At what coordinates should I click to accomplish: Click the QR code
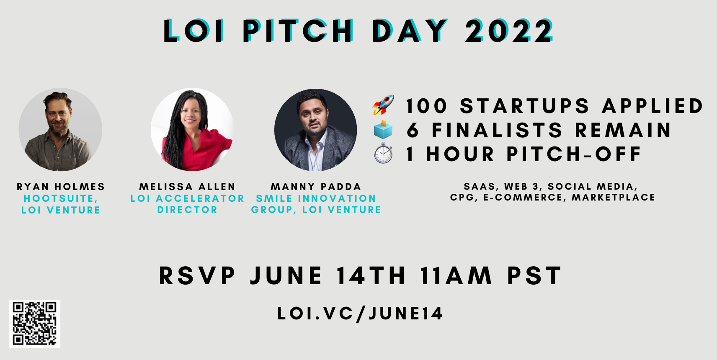(x=35, y=324)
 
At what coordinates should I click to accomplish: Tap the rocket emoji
(x=383, y=105)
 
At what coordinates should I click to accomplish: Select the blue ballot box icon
(x=383, y=130)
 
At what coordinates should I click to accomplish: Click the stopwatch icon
(x=383, y=153)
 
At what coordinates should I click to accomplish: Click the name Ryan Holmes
(x=61, y=187)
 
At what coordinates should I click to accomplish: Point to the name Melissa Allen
(x=187, y=187)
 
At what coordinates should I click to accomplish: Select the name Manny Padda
(x=316, y=187)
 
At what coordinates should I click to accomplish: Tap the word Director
(x=187, y=210)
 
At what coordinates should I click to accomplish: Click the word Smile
(x=274, y=198)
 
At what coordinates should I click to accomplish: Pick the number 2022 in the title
(x=509, y=31)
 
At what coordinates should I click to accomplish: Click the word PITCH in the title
(x=298, y=31)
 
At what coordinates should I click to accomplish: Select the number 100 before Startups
(x=426, y=106)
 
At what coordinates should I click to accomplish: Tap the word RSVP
(x=197, y=275)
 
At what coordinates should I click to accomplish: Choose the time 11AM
(x=456, y=275)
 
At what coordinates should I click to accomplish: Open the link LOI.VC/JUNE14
(x=360, y=313)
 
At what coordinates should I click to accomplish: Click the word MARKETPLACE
(x=614, y=198)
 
